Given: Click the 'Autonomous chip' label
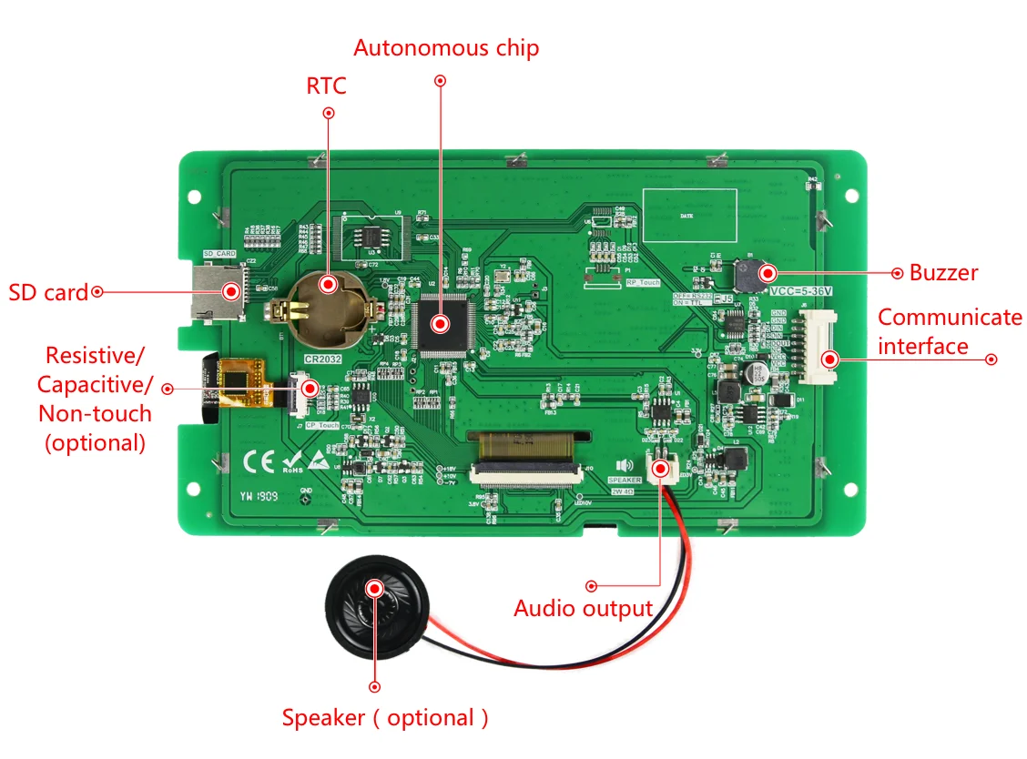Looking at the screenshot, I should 446,48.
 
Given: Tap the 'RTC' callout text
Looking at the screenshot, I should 327,86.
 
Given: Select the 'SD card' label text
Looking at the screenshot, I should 48,293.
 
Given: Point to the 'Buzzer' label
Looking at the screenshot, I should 944,272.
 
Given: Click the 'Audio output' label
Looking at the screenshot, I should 583,609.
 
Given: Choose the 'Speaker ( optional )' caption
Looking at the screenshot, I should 385,718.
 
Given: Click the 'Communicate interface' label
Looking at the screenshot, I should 950,332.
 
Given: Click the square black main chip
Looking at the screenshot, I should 441,324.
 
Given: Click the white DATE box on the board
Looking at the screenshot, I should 689,215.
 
